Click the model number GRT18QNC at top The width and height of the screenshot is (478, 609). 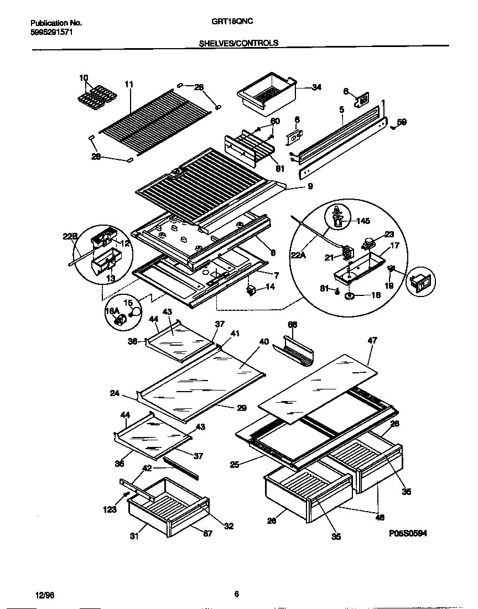point(228,22)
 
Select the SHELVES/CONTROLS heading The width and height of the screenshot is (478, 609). point(238,43)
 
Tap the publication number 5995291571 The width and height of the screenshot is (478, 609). point(51,32)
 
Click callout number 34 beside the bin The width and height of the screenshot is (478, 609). point(316,87)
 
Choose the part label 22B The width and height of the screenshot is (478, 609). point(69,237)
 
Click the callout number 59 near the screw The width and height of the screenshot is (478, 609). point(402,122)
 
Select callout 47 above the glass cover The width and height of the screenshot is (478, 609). point(372,341)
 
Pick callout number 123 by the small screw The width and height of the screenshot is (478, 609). point(110,509)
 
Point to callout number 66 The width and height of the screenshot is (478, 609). point(293,324)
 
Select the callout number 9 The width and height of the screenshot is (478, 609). point(310,187)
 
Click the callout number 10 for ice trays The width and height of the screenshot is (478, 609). point(84,77)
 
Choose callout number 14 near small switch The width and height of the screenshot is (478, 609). point(270,287)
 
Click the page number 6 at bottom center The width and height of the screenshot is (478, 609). point(236,595)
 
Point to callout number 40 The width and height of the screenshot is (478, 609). point(264,342)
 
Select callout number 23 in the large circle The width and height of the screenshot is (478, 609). point(389,234)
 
